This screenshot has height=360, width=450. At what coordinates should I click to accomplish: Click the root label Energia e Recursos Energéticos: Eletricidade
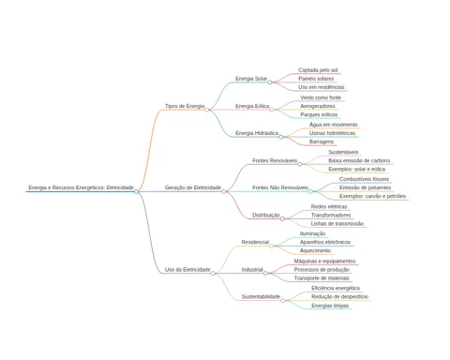82,187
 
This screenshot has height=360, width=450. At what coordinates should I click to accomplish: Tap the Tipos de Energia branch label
185,106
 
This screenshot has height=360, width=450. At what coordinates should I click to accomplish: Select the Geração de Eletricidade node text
193,187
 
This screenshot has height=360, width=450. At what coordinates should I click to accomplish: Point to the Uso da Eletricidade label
187,269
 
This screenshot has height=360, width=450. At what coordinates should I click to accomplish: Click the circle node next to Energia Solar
270,82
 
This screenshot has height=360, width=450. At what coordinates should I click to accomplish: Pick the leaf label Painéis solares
316,79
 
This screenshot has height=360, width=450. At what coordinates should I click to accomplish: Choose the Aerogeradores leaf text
318,106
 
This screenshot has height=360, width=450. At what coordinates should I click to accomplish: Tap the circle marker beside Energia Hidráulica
280,137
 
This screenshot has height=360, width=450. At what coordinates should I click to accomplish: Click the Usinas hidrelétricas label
332,133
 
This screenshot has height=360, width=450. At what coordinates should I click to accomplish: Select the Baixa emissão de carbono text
359,160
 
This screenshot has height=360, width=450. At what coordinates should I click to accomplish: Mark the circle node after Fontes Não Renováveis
310,191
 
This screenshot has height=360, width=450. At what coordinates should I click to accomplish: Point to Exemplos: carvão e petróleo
372,196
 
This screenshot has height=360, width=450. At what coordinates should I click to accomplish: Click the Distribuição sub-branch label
266,215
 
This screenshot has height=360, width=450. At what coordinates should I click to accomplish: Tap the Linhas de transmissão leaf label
337,223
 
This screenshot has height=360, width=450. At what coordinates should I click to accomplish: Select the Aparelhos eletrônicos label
325,242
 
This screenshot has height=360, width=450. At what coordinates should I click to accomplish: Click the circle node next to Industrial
265,273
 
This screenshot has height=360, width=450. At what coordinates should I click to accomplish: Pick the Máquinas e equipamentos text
324,261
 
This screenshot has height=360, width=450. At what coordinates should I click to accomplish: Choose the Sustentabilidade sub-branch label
261,296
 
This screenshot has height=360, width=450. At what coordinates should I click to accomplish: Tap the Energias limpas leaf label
330,306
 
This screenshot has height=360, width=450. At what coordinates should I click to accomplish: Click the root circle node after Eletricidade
136,191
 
